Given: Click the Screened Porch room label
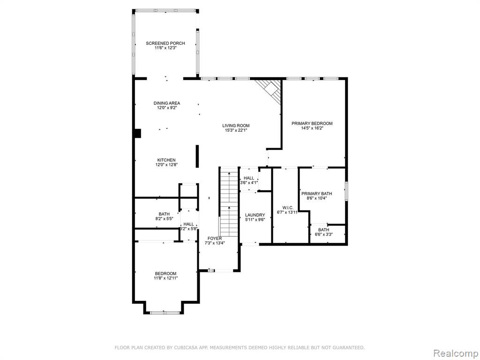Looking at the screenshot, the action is [165, 43].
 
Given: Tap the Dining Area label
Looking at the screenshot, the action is [167, 103].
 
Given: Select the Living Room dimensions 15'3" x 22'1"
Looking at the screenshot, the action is [236, 130].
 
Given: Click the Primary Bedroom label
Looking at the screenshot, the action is [312, 123].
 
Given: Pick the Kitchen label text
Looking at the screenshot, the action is [166, 160].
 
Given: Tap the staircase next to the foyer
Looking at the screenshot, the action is [229, 202].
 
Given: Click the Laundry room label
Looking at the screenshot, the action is [255, 215].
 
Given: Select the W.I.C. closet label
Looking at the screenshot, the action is [287, 208].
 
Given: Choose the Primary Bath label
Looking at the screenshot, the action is [317, 194].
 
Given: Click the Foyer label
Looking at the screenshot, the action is [215, 239].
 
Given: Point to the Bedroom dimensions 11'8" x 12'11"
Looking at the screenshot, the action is [165, 278].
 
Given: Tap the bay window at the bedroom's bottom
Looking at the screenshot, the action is [165, 313].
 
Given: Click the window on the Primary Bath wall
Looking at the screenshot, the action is [346, 191].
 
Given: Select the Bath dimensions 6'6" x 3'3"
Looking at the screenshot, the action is [324, 234].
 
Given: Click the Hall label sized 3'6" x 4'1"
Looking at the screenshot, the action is [249, 178].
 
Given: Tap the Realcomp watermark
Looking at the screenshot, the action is [455, 353].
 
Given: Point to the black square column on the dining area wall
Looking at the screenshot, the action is [137, 134].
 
